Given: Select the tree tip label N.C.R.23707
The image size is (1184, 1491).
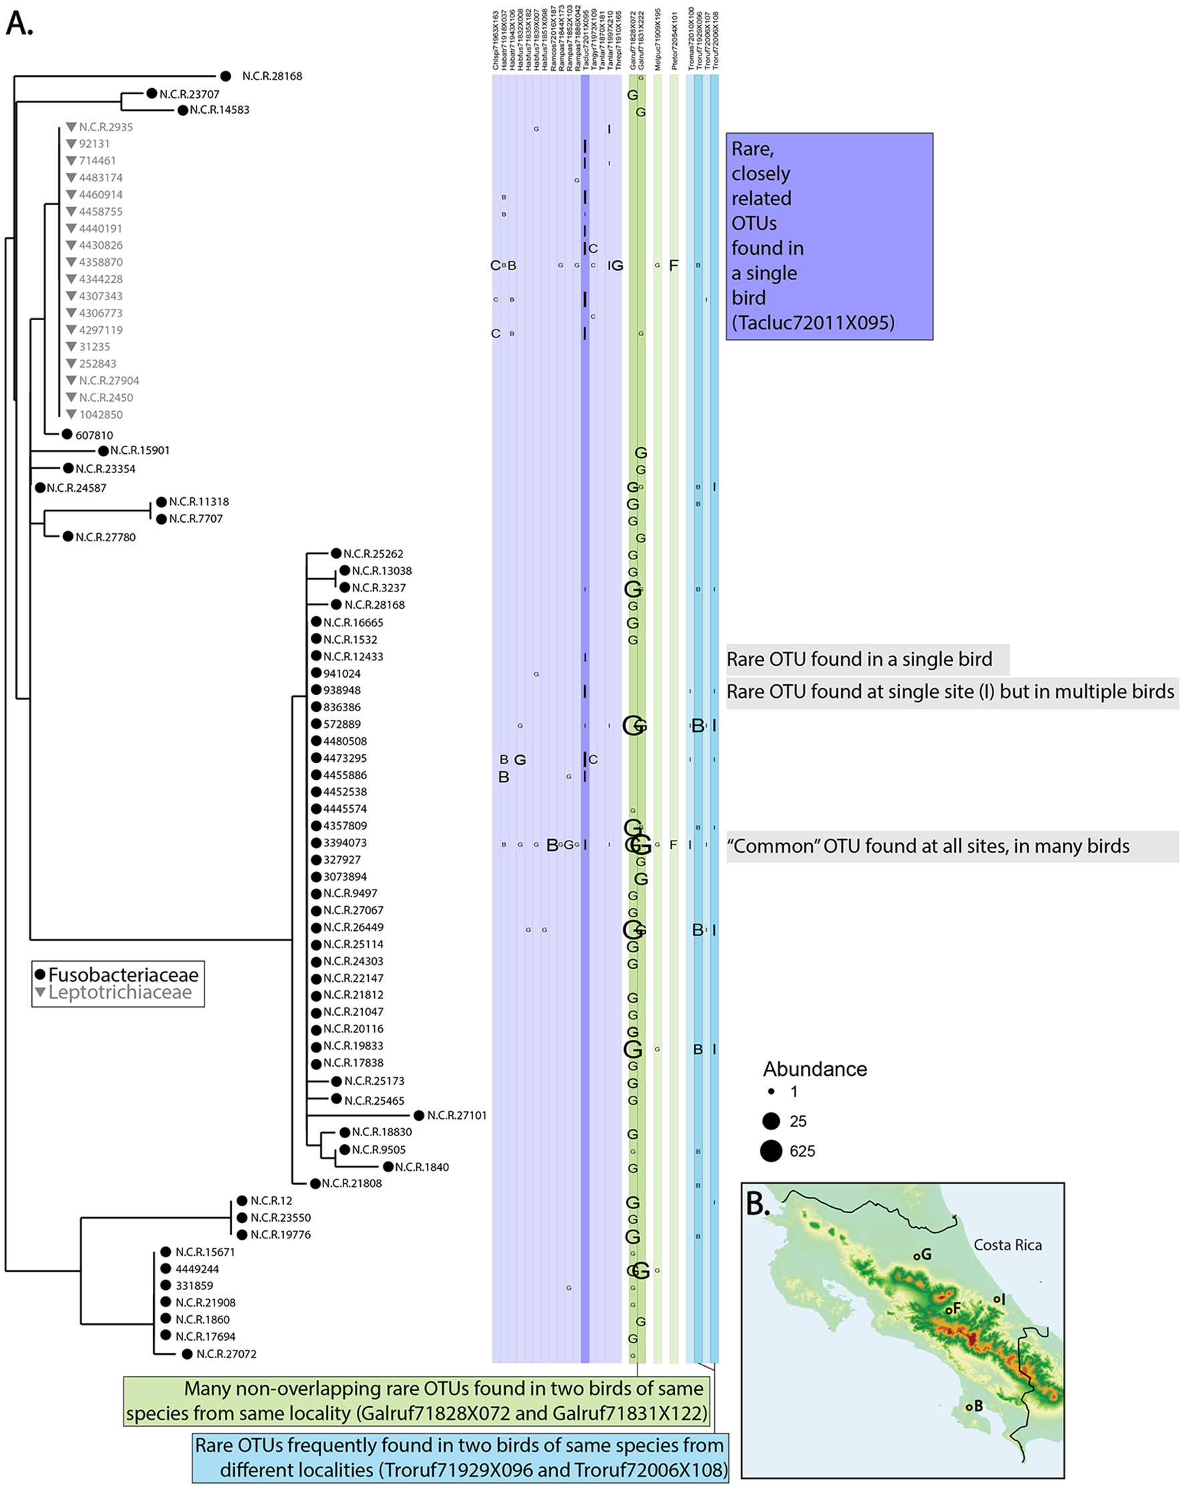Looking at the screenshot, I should (x=189, y=94).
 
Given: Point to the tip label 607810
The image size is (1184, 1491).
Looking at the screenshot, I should (x=94, y=435).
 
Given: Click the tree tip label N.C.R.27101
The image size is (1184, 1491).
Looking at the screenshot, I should (x=456, y=1115).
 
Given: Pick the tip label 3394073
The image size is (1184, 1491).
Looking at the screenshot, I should (x=344, y=842).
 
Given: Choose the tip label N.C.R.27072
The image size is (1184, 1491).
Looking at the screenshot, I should (x=226, y=1354).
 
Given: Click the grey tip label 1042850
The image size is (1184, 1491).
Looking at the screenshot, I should (x=100, y=415).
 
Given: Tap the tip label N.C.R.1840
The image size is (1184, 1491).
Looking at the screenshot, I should (x=422, y=1167).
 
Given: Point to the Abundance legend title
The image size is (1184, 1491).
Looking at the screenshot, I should (x=815, y=1069).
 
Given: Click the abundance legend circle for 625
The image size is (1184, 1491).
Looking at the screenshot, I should (x=771, y=1151).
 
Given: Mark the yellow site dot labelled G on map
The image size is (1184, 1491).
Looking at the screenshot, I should (x=917, y=1256).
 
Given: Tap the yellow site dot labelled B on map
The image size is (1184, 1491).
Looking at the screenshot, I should (x=969, y=1407).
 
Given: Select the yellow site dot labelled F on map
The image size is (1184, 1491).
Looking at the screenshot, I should (x=949, y=1311).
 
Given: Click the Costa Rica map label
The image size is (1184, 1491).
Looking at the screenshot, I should (x=1007, y=1245).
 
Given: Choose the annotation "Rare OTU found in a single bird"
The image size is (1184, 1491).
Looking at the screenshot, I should (x=859, y=659).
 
